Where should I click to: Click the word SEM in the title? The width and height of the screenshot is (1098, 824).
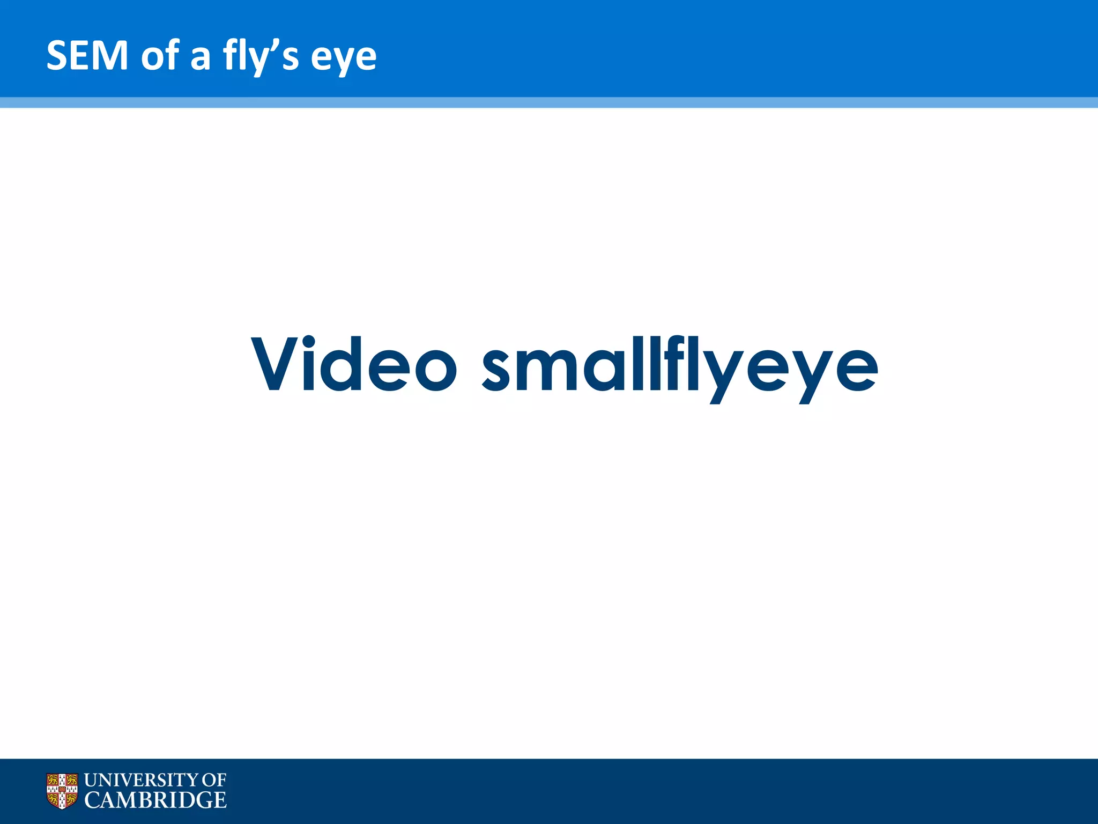(x=87, y=55)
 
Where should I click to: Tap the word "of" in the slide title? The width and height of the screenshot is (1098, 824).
(x=160, y=55)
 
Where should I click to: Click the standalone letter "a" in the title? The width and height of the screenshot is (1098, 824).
(x=201, y=58)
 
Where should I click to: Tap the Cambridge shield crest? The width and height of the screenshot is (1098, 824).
(x=62, y=791)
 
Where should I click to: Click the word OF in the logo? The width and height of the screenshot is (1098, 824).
(x=214, y=780)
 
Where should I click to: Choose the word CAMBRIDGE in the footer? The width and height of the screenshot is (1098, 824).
(x=155, y=800)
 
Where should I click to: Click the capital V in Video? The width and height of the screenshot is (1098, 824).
(x=275, y=364)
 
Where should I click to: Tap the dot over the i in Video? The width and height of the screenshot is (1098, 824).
(x=309, y=341)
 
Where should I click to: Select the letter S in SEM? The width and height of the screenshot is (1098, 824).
(x=57, y=55)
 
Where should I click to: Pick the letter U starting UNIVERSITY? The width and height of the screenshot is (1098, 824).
(x=92, y=780)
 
